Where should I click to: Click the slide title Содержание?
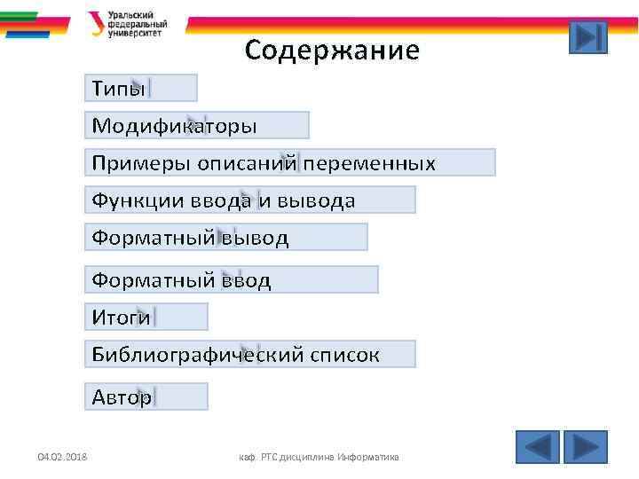tap(331, 51)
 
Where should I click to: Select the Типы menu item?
tap(141, 88)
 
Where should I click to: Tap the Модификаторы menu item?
tap(197, 125)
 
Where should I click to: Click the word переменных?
tap(368, 163)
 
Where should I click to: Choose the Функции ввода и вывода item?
tap(249, 200)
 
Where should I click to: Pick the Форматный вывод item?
tap(225, 238)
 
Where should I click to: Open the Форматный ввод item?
tap(231, 280)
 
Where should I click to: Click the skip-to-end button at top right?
tap(588, 37)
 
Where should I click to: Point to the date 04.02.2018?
tap(62, 457)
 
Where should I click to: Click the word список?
tap(345, 355)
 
